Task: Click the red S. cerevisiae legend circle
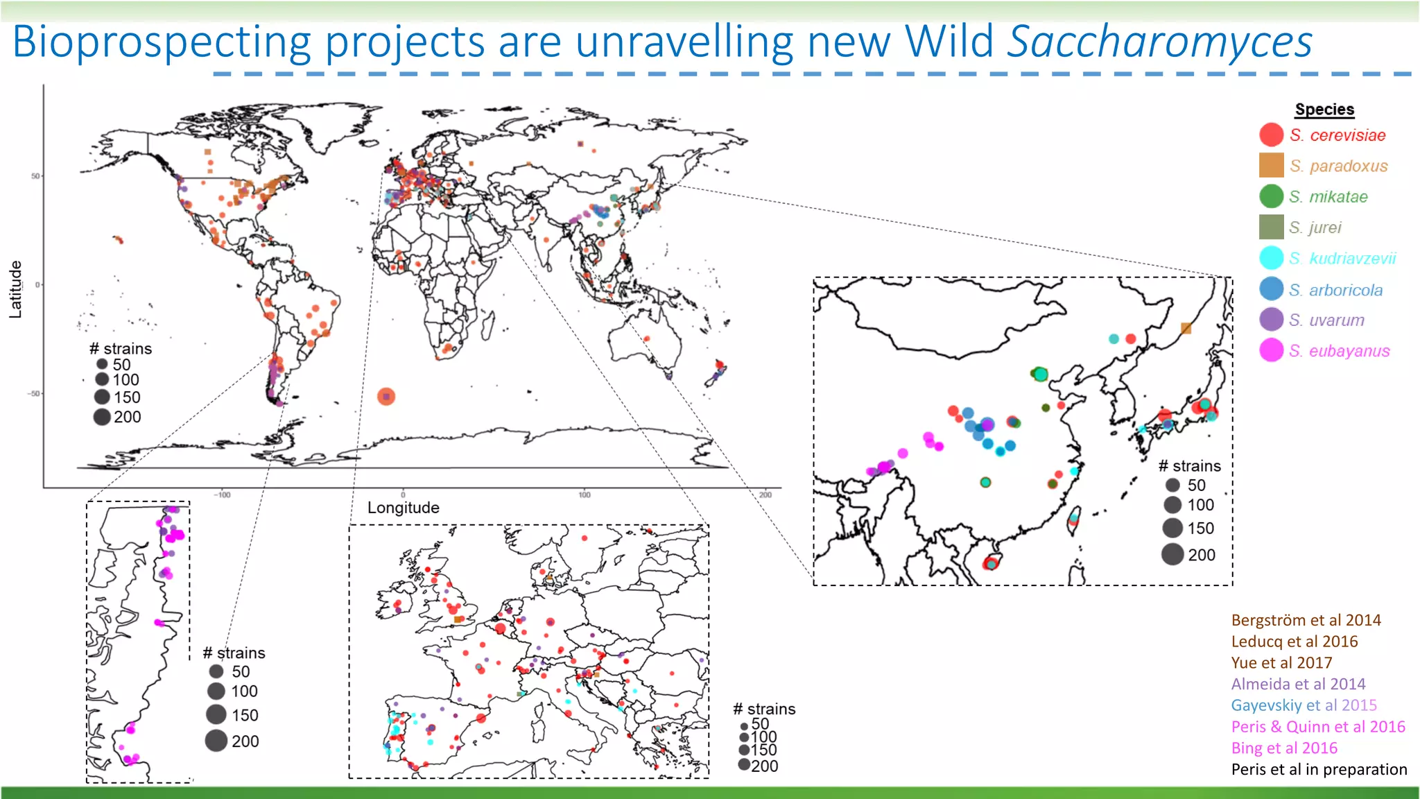1271,135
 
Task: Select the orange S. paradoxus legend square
1271,165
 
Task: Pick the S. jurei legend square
1271,227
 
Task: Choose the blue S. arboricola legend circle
1271,289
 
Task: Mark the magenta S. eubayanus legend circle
1271,350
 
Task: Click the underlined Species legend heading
1324,110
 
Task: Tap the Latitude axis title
15,289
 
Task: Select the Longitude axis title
403,508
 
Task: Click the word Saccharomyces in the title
1159,42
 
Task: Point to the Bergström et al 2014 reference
1306,620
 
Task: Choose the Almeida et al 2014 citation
1298,684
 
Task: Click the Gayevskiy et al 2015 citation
1304,705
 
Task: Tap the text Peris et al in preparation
1319,769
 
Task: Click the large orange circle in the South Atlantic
386,396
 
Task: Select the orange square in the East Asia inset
1186,328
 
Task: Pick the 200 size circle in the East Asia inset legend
1172,554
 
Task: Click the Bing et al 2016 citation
1284,748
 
